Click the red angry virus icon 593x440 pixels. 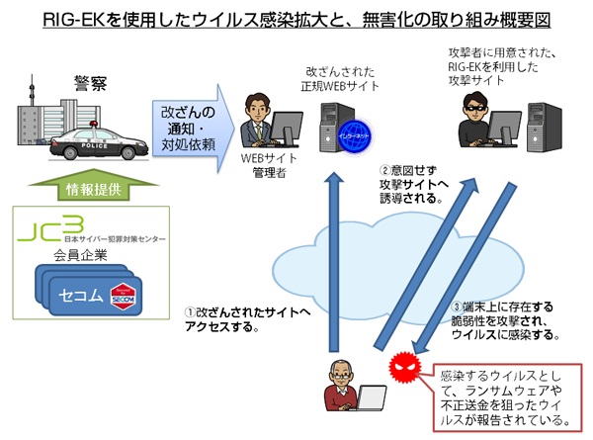[x=404, y=366]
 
